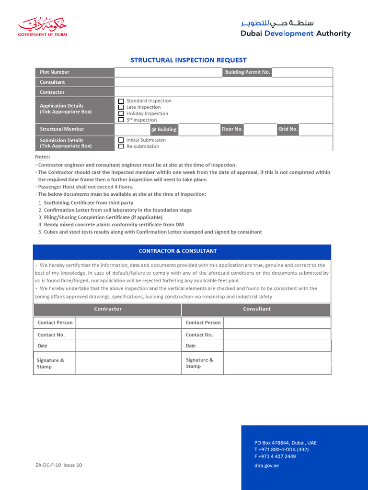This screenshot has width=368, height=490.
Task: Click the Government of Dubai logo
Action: [43, 27]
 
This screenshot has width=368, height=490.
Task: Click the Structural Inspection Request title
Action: [188, 60]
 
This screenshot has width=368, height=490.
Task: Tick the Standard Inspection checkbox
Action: [121, 101]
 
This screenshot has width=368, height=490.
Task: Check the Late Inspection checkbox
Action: [121, 107]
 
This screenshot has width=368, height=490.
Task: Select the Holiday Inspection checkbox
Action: [121, 113]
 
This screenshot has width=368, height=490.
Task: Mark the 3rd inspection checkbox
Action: [121, 120]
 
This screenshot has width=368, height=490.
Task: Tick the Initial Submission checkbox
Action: [121, 140]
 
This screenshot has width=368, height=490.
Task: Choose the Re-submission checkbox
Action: [121, 146]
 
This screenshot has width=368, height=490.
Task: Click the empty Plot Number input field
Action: [168, 72]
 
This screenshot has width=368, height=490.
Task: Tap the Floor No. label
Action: [232, 129]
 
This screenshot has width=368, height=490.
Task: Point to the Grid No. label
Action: [288, 129]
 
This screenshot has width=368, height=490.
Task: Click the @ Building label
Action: [164, 130]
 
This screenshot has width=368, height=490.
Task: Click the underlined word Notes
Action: [43, 157]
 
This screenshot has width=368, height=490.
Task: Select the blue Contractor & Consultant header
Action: [182, 251]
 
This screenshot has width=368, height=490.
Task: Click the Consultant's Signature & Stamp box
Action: [277, 363]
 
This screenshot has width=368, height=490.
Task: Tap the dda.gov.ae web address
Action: [266, 466]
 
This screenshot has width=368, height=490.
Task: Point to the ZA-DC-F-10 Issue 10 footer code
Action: [58, 465]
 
